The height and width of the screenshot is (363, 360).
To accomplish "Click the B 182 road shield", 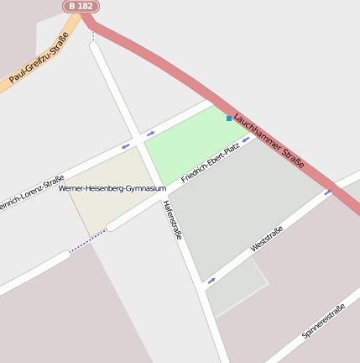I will click(x=81, y=6).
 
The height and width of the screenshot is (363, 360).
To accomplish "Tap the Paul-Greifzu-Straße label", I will click(x=39, y=57).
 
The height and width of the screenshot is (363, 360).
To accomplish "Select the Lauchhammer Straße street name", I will click(x=269, y=139).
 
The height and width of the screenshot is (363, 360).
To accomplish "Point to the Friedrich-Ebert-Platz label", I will click(x=211, y=163).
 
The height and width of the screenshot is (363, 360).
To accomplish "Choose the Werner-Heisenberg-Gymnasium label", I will click(x=112, y=188).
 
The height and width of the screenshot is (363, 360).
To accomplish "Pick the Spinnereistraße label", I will click(x=323, y=321).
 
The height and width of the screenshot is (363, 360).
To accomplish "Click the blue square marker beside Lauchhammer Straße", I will click(x=228, y=118).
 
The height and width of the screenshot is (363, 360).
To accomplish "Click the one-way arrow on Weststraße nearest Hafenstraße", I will click(x=211, y=280).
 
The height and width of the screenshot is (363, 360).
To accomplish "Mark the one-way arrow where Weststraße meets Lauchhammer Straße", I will click(x=329, y=192).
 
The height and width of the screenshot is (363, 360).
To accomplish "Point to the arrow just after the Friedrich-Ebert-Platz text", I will click(x=247, y=140).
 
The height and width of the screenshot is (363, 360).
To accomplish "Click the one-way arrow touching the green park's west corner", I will click(x=151, y=133).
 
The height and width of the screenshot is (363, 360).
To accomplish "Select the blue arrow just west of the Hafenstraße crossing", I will click(x=126, y=146).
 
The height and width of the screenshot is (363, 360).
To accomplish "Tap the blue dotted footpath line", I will click(x=87, y=242).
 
